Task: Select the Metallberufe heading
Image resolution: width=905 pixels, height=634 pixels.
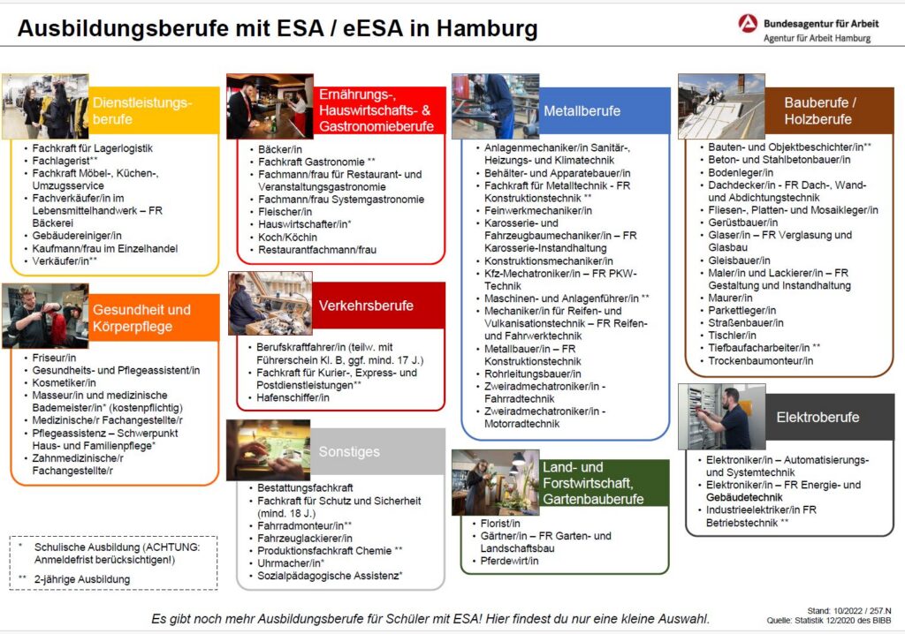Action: pyautogui.click(x=582, y=111)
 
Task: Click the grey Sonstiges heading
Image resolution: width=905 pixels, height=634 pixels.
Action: pyautogui.click(x=349, y=451)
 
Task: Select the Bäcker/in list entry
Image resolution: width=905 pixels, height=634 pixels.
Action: pyautogui.click(x=280, y=150)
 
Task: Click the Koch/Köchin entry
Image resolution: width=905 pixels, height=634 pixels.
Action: pyautogui.click(x=290, y=238)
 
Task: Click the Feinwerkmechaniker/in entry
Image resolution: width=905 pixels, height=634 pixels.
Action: pyautogui.click(x=538, y=211)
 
